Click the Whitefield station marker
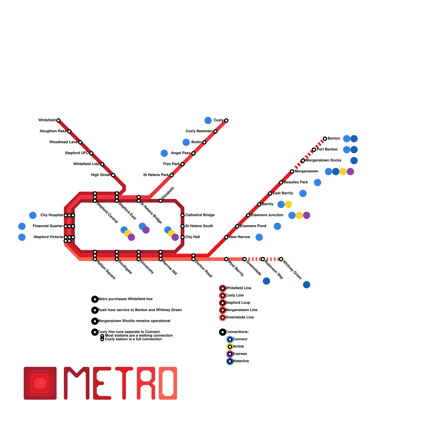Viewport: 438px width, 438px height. click(58, 120)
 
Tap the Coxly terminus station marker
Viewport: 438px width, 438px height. click(226, 120)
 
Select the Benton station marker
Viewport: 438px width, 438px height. click(325, 139)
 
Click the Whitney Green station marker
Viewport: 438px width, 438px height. click(281, 259)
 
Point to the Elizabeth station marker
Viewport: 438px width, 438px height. click(161, 201)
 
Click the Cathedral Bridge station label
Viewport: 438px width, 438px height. click(200, 215)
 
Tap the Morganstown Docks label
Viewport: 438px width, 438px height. click(323, 160)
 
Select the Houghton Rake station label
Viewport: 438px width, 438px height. click(53, 131)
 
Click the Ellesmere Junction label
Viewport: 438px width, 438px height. click(267, 215)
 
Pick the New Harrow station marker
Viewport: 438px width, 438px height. click(226, 237)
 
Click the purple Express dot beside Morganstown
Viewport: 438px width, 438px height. click(350, 172)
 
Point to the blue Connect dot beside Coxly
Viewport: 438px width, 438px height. click(208, 120)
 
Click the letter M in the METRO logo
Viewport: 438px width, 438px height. click(77, 383)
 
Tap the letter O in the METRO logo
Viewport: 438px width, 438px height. click(168, 383)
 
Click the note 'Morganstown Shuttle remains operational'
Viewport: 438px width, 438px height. click(134, 321)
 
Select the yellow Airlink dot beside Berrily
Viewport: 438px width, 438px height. click(288, 204)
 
